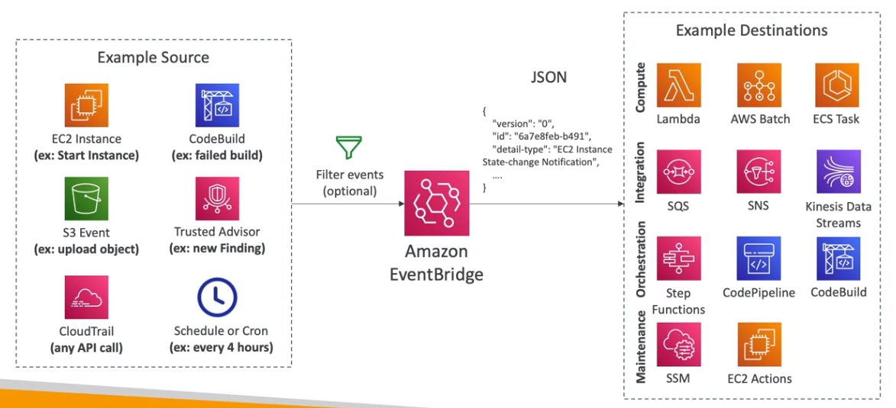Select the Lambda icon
tap(678, 85)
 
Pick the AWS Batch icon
tap(759, 85)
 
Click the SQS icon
tap(678, 172)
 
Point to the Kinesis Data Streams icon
tap(838, 172)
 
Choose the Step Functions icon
tap(678, 259)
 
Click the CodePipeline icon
tap(759, 259)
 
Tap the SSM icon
tap(678, 345)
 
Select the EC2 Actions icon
tap(759, 345)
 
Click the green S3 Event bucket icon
tap(86, 198)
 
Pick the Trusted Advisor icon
tap(217, 198)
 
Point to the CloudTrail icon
tap(86, 297)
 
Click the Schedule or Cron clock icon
tap(217, 297)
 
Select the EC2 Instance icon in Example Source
tap(86, 105)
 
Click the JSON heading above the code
tap(548, 78)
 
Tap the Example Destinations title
tap(752, 31)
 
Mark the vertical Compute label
tap(641, 88)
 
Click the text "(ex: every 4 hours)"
tap(222, 348)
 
